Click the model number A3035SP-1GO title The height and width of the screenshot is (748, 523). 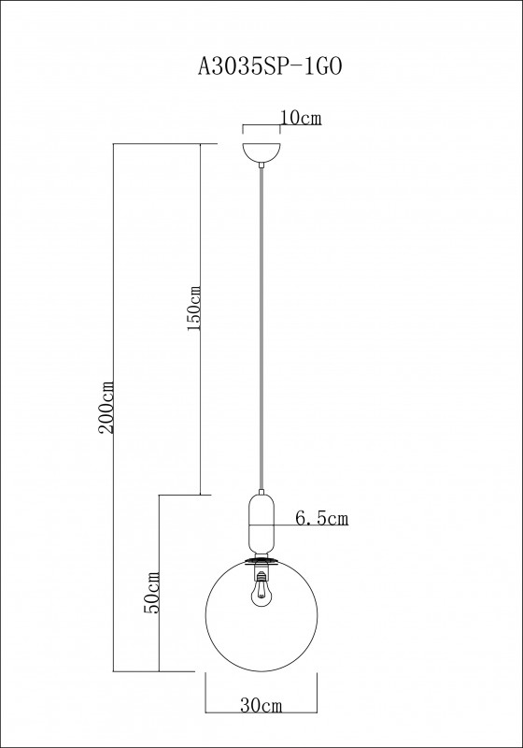[x=261, y=66]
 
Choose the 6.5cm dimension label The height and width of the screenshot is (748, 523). [x=321, y=516]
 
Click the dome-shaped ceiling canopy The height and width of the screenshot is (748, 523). [x=261, y=152]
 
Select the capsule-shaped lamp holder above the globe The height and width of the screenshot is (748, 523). [x=261, y=523]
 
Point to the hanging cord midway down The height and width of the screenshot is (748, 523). [x=261, y=327]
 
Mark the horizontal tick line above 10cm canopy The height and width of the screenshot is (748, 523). [x=262, y=126]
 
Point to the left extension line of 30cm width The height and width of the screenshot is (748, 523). [x=205, y=692]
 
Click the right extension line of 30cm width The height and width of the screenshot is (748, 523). [x=318, y=692]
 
